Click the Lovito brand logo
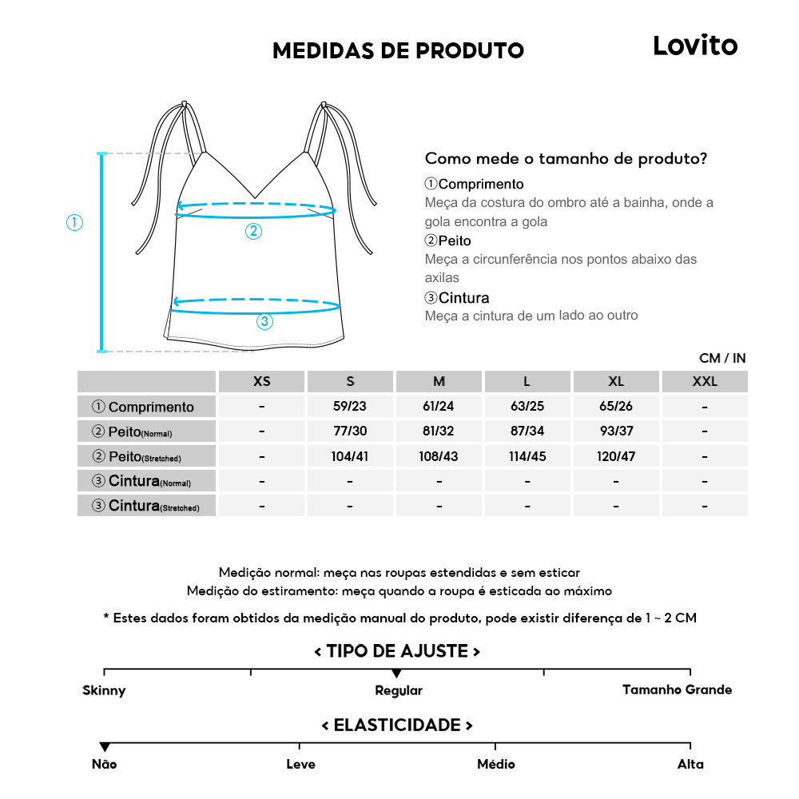[695, 46]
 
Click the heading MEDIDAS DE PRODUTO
[398, 51]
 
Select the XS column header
[262, 382]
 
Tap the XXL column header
[705, 382]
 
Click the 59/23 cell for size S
[350, 407]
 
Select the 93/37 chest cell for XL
[616, 431]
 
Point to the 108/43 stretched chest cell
[439, 456]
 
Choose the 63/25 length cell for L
[527, 407]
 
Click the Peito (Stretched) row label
[147, 457]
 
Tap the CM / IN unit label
[722, 359]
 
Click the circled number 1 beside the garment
[74, 223]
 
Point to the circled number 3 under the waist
[264, 322]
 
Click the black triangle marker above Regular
[396, 674]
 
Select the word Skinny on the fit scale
[104, 690]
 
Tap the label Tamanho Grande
[677, 690]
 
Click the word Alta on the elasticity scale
[690, 765]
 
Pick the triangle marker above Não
[104, 747]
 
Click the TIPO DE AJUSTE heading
[397, 651]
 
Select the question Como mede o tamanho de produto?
[566, 158]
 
